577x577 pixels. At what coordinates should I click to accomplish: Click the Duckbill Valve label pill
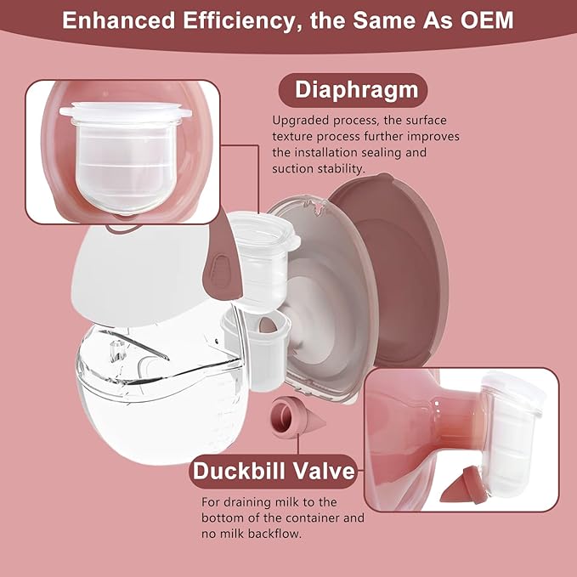click(x=273, y=471)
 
